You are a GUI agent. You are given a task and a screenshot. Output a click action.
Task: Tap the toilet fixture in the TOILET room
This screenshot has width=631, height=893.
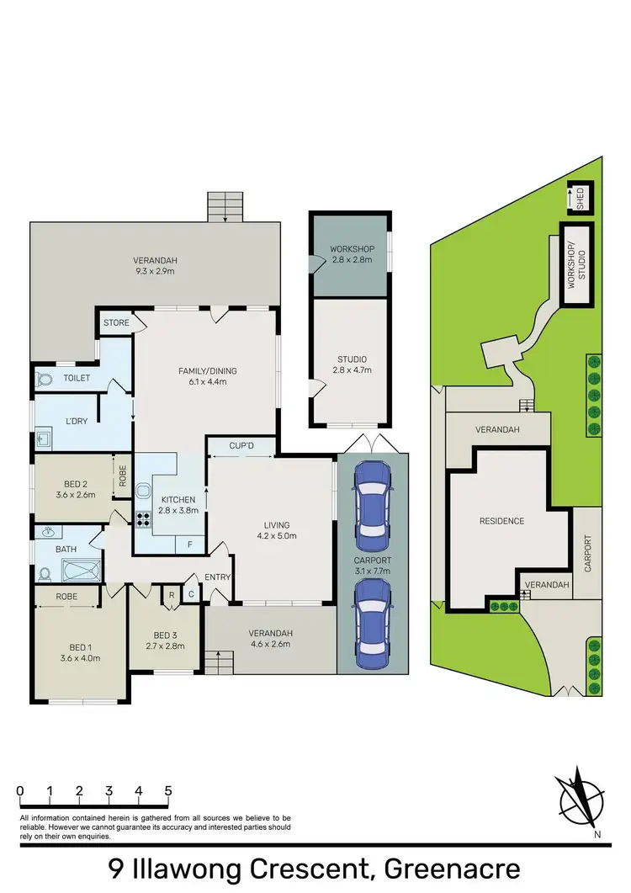pos(45,380)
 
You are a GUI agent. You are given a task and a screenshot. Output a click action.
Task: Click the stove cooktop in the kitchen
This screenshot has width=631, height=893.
pos(144,520)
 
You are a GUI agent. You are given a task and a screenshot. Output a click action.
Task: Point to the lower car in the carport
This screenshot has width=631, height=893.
pos(372,624)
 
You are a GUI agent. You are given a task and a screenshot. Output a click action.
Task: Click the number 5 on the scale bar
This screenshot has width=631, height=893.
pos(168,791)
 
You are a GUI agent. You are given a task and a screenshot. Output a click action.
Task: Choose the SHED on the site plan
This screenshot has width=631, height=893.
pos(579,199)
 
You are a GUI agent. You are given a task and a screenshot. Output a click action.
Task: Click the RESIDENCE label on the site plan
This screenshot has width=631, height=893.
pos(502,521)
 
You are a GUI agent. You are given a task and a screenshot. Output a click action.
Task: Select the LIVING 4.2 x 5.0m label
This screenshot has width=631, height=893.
pos(277,530)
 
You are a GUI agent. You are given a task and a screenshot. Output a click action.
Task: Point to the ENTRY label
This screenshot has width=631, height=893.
pos(218,577)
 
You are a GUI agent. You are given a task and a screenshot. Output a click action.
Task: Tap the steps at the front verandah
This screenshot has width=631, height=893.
pos(217,663)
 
